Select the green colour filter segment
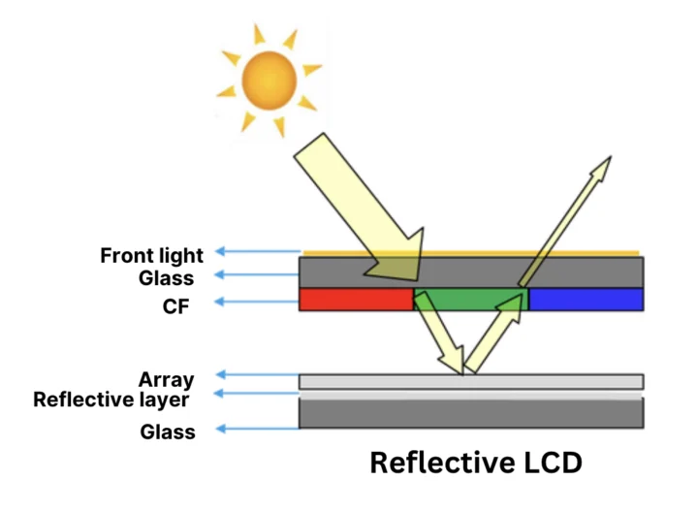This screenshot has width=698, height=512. tap(471, 299)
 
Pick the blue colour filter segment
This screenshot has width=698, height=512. tap(586, 300)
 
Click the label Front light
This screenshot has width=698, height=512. tap(152, 256)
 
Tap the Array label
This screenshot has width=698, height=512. tap(166, 379)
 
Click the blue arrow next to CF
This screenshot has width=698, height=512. tap(256, 302)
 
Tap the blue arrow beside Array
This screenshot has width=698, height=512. tap(256, 374)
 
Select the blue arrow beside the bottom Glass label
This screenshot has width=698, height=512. tap(256, 428)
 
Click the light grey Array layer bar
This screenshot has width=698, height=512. tap(543, 381)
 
